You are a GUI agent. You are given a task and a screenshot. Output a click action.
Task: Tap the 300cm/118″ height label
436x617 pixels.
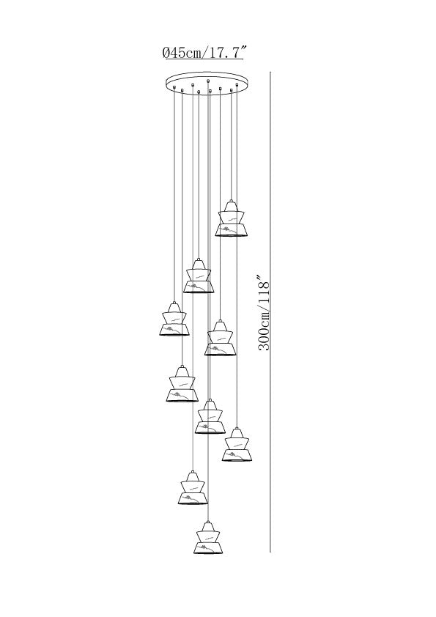coord(265,316)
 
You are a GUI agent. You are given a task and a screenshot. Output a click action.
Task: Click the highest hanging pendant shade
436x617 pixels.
coord(232,218)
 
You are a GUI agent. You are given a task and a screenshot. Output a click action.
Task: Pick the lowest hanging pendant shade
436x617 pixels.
coord(209,538)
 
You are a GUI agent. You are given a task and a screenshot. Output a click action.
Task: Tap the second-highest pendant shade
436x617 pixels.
coord(199,276)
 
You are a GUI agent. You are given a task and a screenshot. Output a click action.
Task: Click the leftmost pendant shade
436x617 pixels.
coord(174,319)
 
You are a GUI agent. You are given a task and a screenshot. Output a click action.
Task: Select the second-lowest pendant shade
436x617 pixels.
coord(193,488)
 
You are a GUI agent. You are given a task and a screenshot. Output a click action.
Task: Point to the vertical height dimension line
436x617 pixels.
coord(270,311)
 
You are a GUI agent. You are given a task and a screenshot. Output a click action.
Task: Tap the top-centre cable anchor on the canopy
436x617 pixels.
coord(208,81)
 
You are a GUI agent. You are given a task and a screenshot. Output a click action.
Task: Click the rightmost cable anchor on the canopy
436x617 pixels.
coord(237,84)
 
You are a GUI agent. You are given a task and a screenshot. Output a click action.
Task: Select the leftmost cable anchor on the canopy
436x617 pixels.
coord(174,87)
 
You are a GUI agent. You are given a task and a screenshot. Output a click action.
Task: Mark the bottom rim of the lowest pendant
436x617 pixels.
coord(209,553)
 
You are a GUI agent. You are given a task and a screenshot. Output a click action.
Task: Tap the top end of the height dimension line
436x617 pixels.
coord(270,72)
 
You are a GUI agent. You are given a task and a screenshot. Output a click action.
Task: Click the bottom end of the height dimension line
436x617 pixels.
coord(270,552)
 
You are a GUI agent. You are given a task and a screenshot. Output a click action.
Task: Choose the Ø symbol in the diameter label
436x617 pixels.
coord(166,52)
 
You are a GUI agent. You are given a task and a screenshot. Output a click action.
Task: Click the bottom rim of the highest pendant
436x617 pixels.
coord(232,235)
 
